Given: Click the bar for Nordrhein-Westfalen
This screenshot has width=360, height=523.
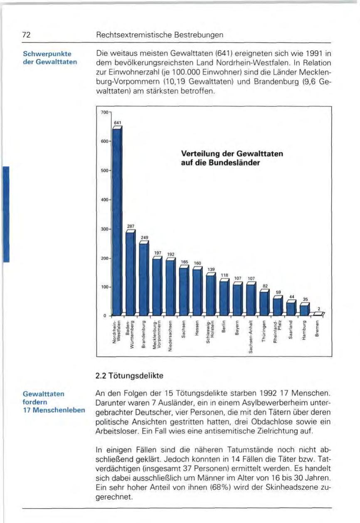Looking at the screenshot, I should [117, 220].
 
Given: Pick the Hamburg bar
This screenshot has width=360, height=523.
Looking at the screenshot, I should [304, 309].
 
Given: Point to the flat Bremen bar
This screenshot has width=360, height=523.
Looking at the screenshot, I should [318, 314].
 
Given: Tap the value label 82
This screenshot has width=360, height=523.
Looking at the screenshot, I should [265, 286].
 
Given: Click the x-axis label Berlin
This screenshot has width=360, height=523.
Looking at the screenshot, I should [224, 328].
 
